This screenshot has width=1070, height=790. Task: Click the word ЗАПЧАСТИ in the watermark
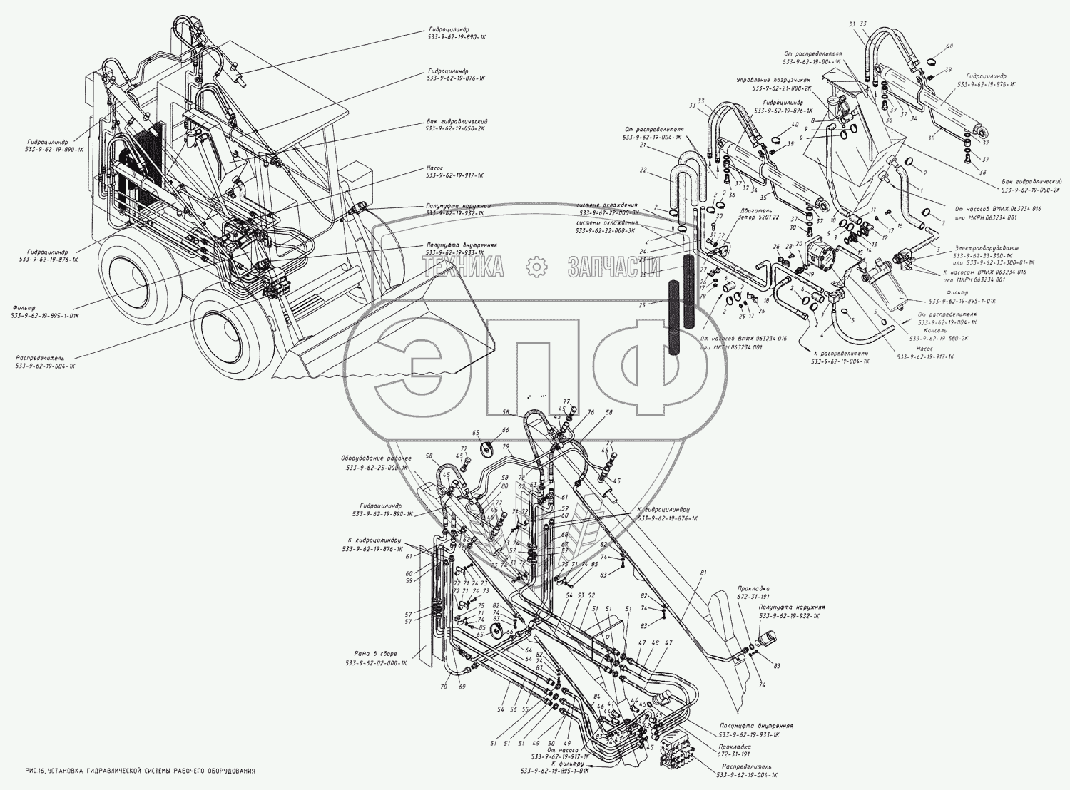(613, 267)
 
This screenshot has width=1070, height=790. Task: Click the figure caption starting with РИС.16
(139, 771)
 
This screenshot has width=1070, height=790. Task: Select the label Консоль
(934, 331)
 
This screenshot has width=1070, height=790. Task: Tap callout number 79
(504, 448)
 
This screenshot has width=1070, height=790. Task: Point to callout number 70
(443, 687)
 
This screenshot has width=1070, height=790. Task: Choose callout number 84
(596, 696)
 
